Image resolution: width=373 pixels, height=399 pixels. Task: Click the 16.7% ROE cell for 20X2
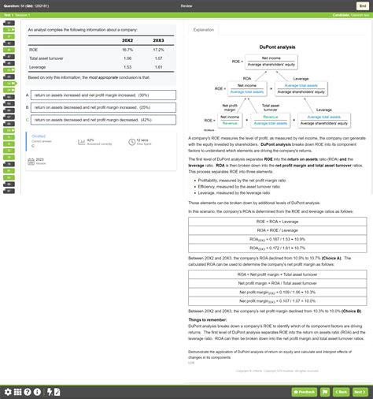(127, 49)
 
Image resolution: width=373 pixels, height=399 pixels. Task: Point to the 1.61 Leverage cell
(158, 67)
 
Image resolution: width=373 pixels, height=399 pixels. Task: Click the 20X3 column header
(158, 39)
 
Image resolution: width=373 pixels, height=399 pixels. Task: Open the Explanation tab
(203, 29)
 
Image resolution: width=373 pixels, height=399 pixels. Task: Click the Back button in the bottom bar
(340, 391)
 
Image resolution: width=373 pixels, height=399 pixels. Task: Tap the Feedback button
(305, 391)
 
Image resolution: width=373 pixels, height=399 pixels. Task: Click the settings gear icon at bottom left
(8, 391)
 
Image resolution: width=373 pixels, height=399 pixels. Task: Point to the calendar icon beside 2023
(30, 159)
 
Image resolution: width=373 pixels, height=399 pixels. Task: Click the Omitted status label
(39, 135)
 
